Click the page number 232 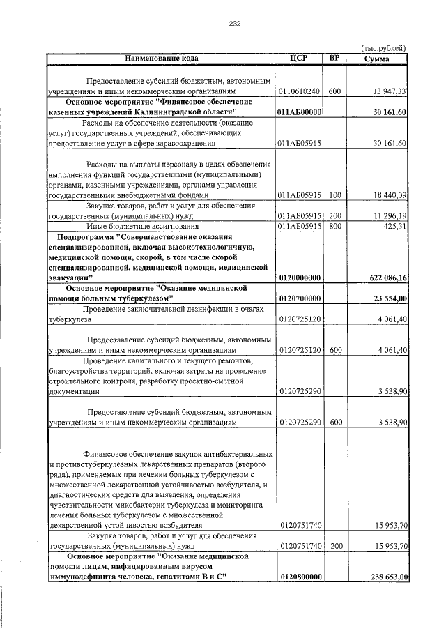click(x=234, y=24)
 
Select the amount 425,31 click(x=394, y=227)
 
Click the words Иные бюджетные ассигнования click(x=132, y=227)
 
